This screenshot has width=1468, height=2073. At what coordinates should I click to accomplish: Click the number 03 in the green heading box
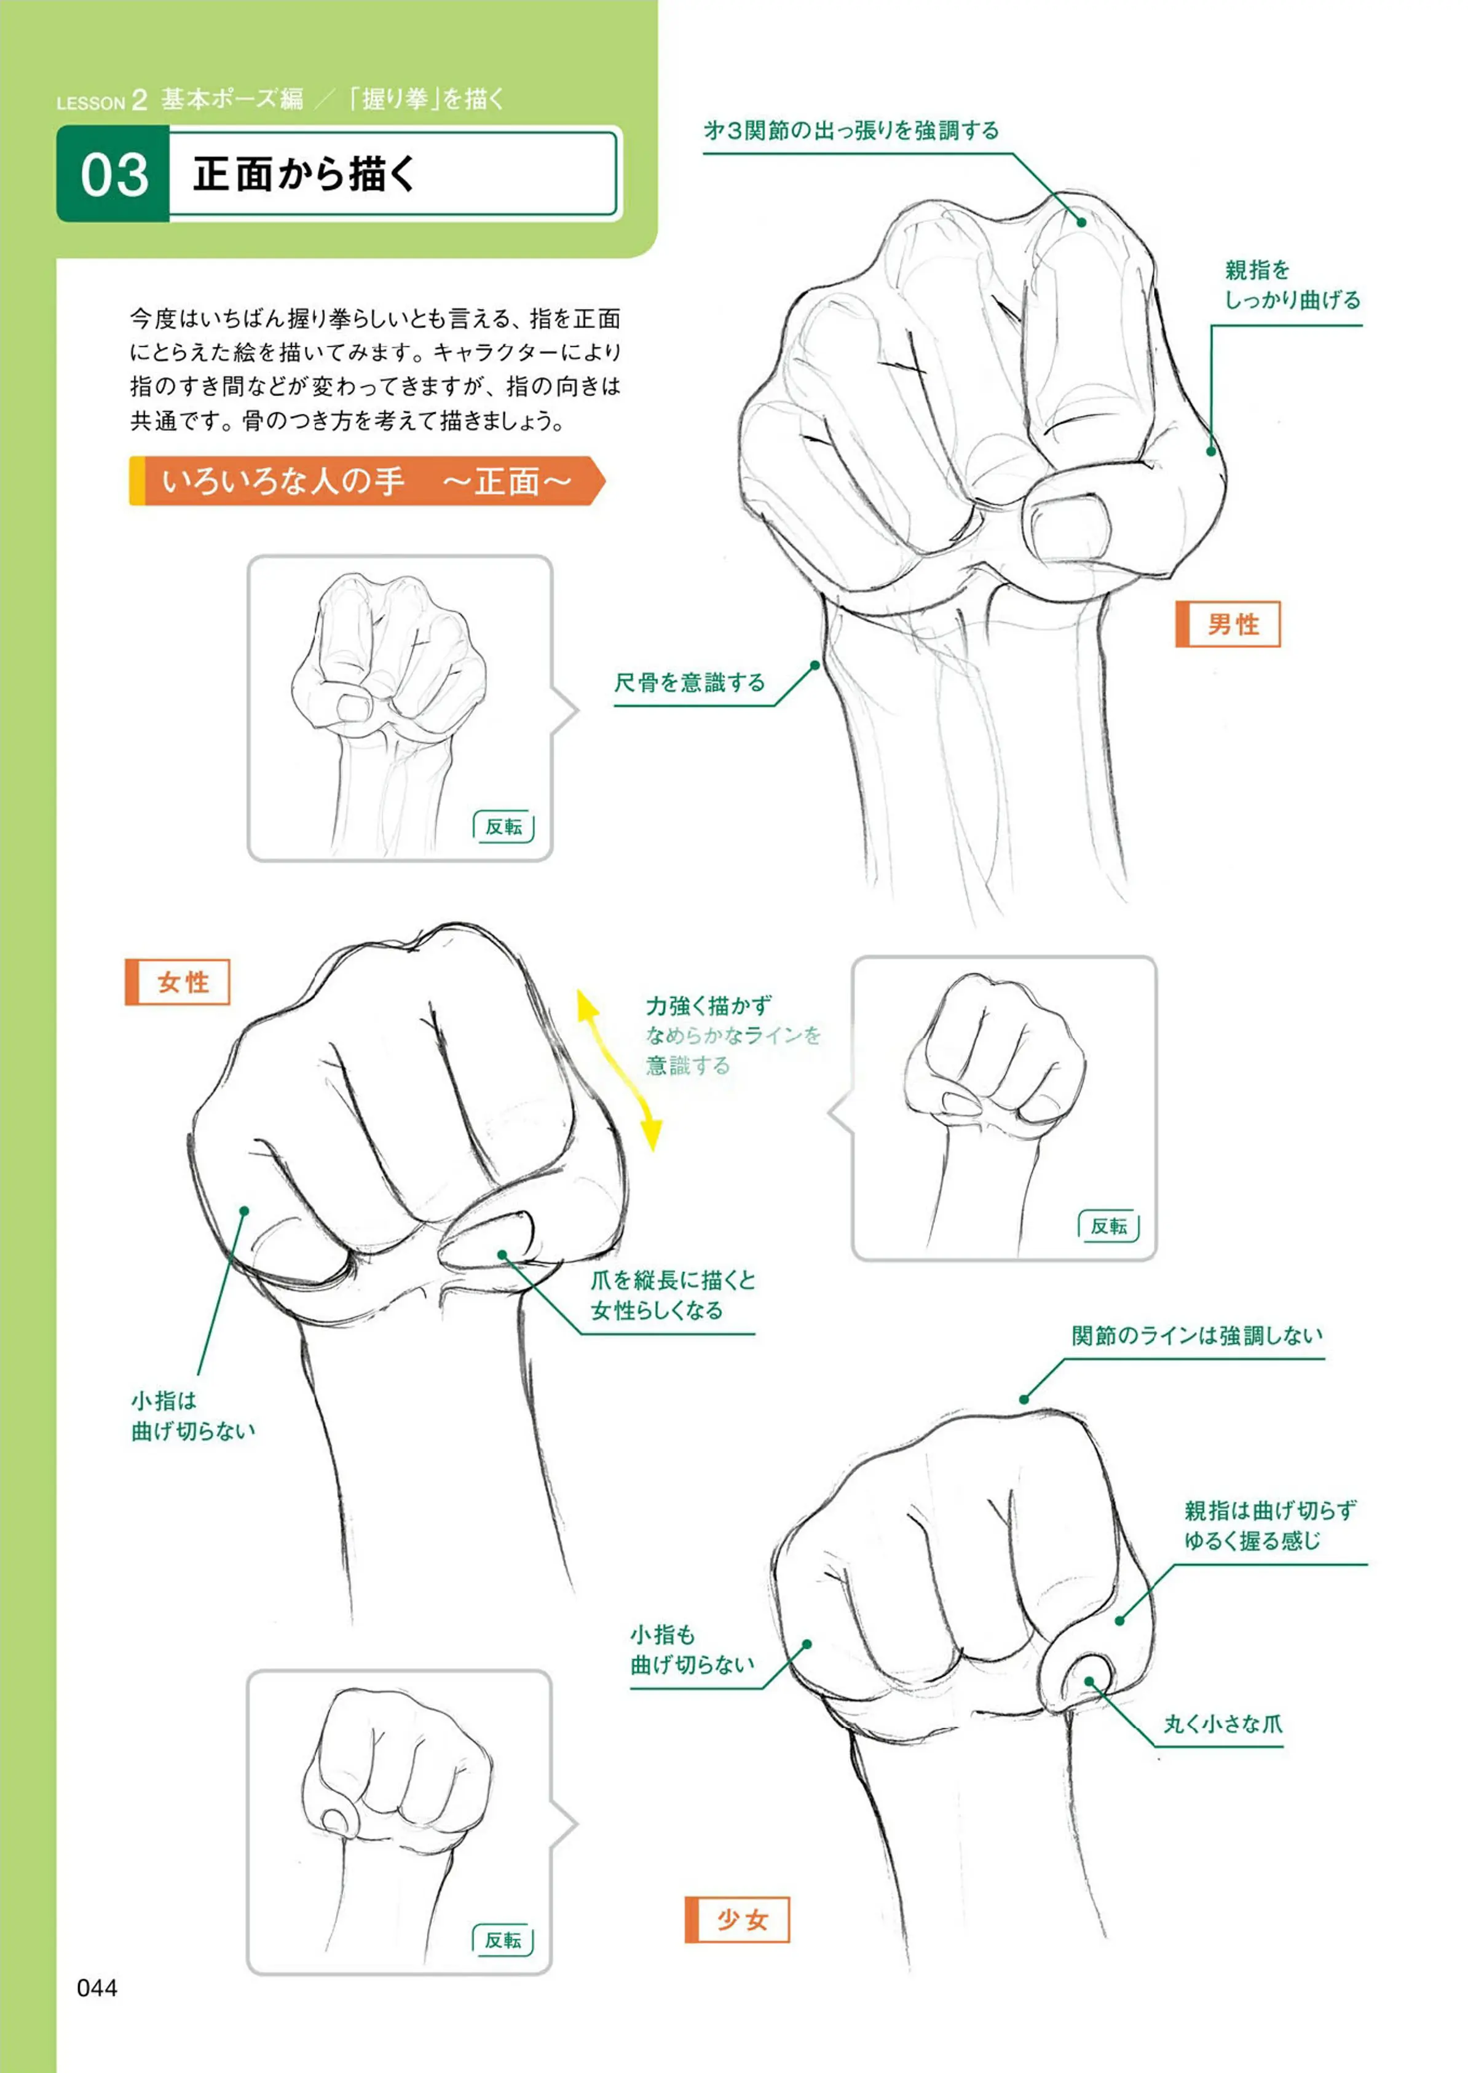(114, 175)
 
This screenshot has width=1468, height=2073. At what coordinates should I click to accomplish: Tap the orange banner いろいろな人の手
(367, 481)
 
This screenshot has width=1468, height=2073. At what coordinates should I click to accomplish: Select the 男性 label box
(1228, 624)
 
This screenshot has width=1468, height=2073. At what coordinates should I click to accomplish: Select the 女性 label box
(177, 982)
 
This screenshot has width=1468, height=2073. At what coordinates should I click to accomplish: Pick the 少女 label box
(736, 1921)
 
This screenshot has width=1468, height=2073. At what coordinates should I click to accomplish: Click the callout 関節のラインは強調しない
(1197, 1335)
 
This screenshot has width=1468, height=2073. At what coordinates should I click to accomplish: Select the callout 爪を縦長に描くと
(673, 1280)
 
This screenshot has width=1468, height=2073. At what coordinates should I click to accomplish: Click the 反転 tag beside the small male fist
(503, 827)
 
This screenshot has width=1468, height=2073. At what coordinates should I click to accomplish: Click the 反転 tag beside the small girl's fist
(503, 1940)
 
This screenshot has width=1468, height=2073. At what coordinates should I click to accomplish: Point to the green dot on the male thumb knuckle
(1211, 450)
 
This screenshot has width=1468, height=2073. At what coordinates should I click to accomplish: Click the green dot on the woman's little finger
(244, 1210)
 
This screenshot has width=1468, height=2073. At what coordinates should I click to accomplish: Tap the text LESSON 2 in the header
(101, 100)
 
